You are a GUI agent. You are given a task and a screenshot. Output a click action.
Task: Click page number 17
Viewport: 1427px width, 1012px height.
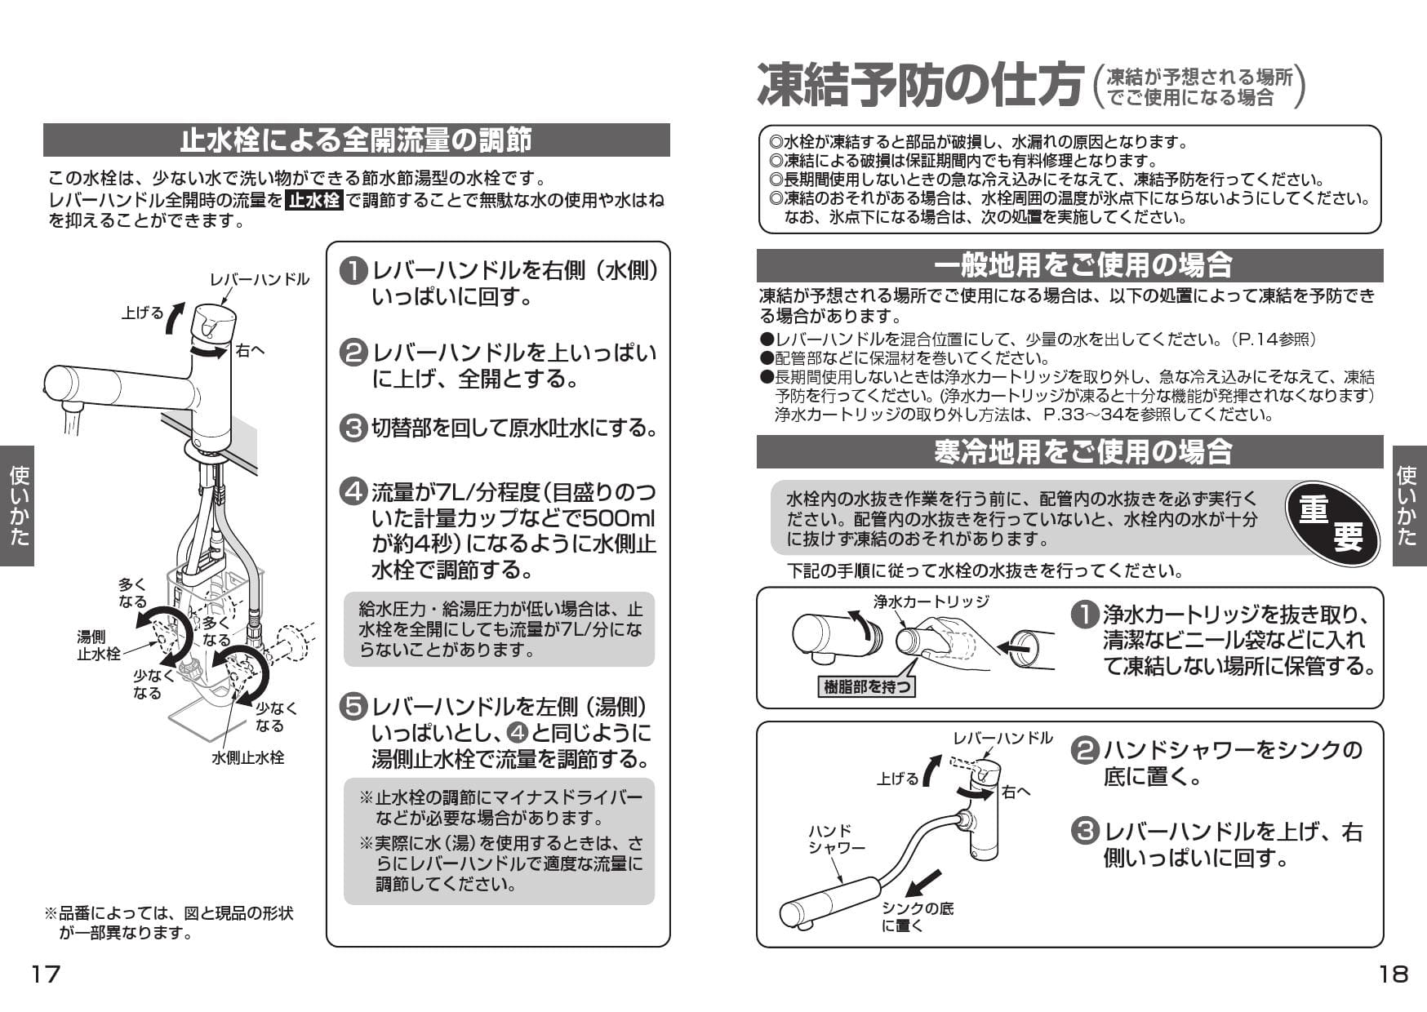(46, 974)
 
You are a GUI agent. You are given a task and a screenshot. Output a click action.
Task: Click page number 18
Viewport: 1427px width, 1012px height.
(1393, 974)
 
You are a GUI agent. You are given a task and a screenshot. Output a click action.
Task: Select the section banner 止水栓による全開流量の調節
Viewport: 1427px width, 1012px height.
(356, 140)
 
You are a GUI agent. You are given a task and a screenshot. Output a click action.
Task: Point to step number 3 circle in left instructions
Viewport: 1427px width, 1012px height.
(353, 428)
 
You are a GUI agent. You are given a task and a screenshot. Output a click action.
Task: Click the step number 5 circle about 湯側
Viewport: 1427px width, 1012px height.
(353, 708)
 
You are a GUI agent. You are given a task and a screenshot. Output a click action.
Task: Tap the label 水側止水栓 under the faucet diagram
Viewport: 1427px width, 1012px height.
(248, 757)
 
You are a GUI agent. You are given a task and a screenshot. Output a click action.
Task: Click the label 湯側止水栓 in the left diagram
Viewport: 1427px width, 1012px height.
(98, 645)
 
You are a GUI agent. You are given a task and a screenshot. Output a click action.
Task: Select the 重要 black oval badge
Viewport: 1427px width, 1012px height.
(1331, 523)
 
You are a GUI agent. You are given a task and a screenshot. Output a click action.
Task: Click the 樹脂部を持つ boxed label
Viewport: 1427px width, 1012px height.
(867, 686)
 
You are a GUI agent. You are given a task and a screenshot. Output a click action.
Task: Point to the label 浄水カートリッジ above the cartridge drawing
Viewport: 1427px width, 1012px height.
(931, 601)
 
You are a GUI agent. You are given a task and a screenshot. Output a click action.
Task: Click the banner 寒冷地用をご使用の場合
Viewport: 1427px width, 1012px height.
(1069, 452)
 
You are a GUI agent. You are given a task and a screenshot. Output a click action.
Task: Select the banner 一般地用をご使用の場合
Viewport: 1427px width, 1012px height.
(1069, 265)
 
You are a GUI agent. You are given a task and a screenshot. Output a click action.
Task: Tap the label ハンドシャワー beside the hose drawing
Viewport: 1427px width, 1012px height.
(836, 839)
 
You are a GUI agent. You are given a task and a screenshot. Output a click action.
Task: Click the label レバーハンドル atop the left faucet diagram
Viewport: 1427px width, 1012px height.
(260, 279)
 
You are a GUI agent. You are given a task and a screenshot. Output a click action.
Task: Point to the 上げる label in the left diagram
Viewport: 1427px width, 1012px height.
(142, 313)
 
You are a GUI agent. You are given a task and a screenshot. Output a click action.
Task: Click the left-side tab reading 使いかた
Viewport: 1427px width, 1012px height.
(18, 505)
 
